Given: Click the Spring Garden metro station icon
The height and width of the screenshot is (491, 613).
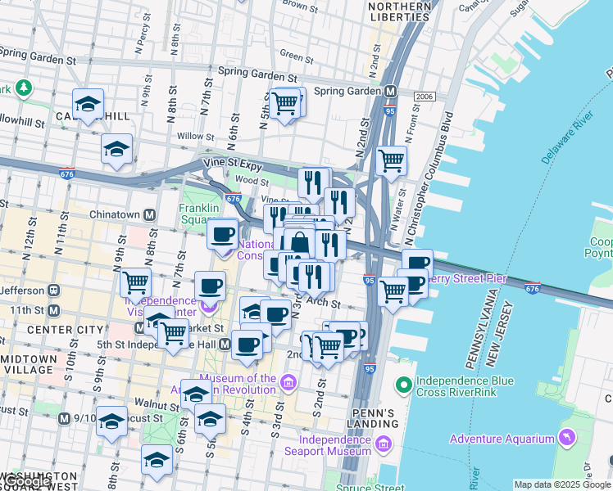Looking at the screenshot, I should tap(392, 91).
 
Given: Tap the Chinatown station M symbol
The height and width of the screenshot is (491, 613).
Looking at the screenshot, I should tap(150, 215).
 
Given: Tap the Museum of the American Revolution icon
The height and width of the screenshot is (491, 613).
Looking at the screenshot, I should tap(288, 382).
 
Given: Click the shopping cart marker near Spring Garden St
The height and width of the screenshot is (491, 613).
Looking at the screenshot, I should tap(284, 103).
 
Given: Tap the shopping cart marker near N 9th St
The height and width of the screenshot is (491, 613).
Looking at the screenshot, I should tap(135, 283).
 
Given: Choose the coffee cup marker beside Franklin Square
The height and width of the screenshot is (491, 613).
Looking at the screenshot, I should tap(222, 235).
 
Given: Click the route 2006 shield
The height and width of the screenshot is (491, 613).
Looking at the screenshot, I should tap(424, 97).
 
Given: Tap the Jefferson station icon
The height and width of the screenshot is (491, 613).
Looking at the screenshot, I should tap(53, 290).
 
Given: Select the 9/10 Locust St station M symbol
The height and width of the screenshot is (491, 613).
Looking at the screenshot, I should tap(64, 418).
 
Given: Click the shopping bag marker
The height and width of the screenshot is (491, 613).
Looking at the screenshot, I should tap(300, 243).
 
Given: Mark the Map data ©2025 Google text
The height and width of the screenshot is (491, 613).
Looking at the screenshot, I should tap(561, 484).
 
